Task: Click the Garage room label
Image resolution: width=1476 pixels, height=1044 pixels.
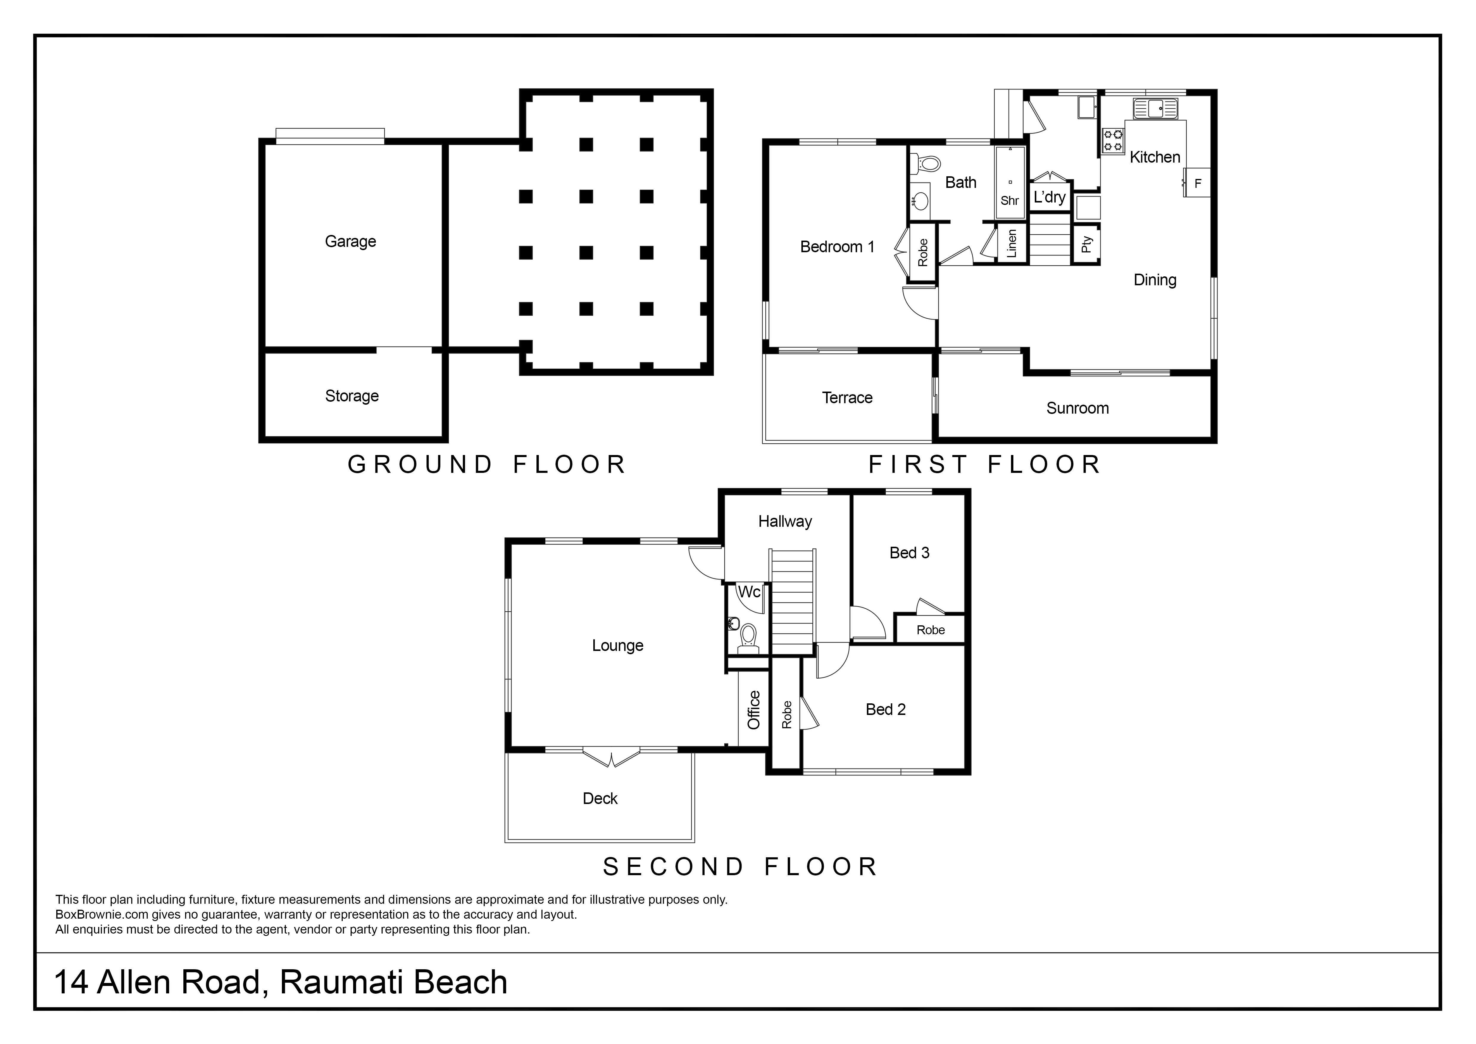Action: tap(350, 242)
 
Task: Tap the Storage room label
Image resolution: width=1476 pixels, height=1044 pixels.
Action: tap(352, 396)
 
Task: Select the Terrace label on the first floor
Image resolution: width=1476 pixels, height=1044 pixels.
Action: tap(847, 398)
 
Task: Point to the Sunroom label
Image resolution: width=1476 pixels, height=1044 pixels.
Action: tap(1077, 408)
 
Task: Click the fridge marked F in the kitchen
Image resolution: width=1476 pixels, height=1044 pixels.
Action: tap(1197, 183)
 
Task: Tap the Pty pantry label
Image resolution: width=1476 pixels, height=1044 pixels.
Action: tap(1086, 244)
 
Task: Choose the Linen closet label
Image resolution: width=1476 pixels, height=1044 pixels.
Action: tap(1011, 244)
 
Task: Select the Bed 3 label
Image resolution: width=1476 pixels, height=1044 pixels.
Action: tap(909, 553)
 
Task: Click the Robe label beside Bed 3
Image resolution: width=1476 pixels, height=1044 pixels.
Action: tap(930, 630)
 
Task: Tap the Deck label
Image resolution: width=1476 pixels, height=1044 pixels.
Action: tap(600, 798)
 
